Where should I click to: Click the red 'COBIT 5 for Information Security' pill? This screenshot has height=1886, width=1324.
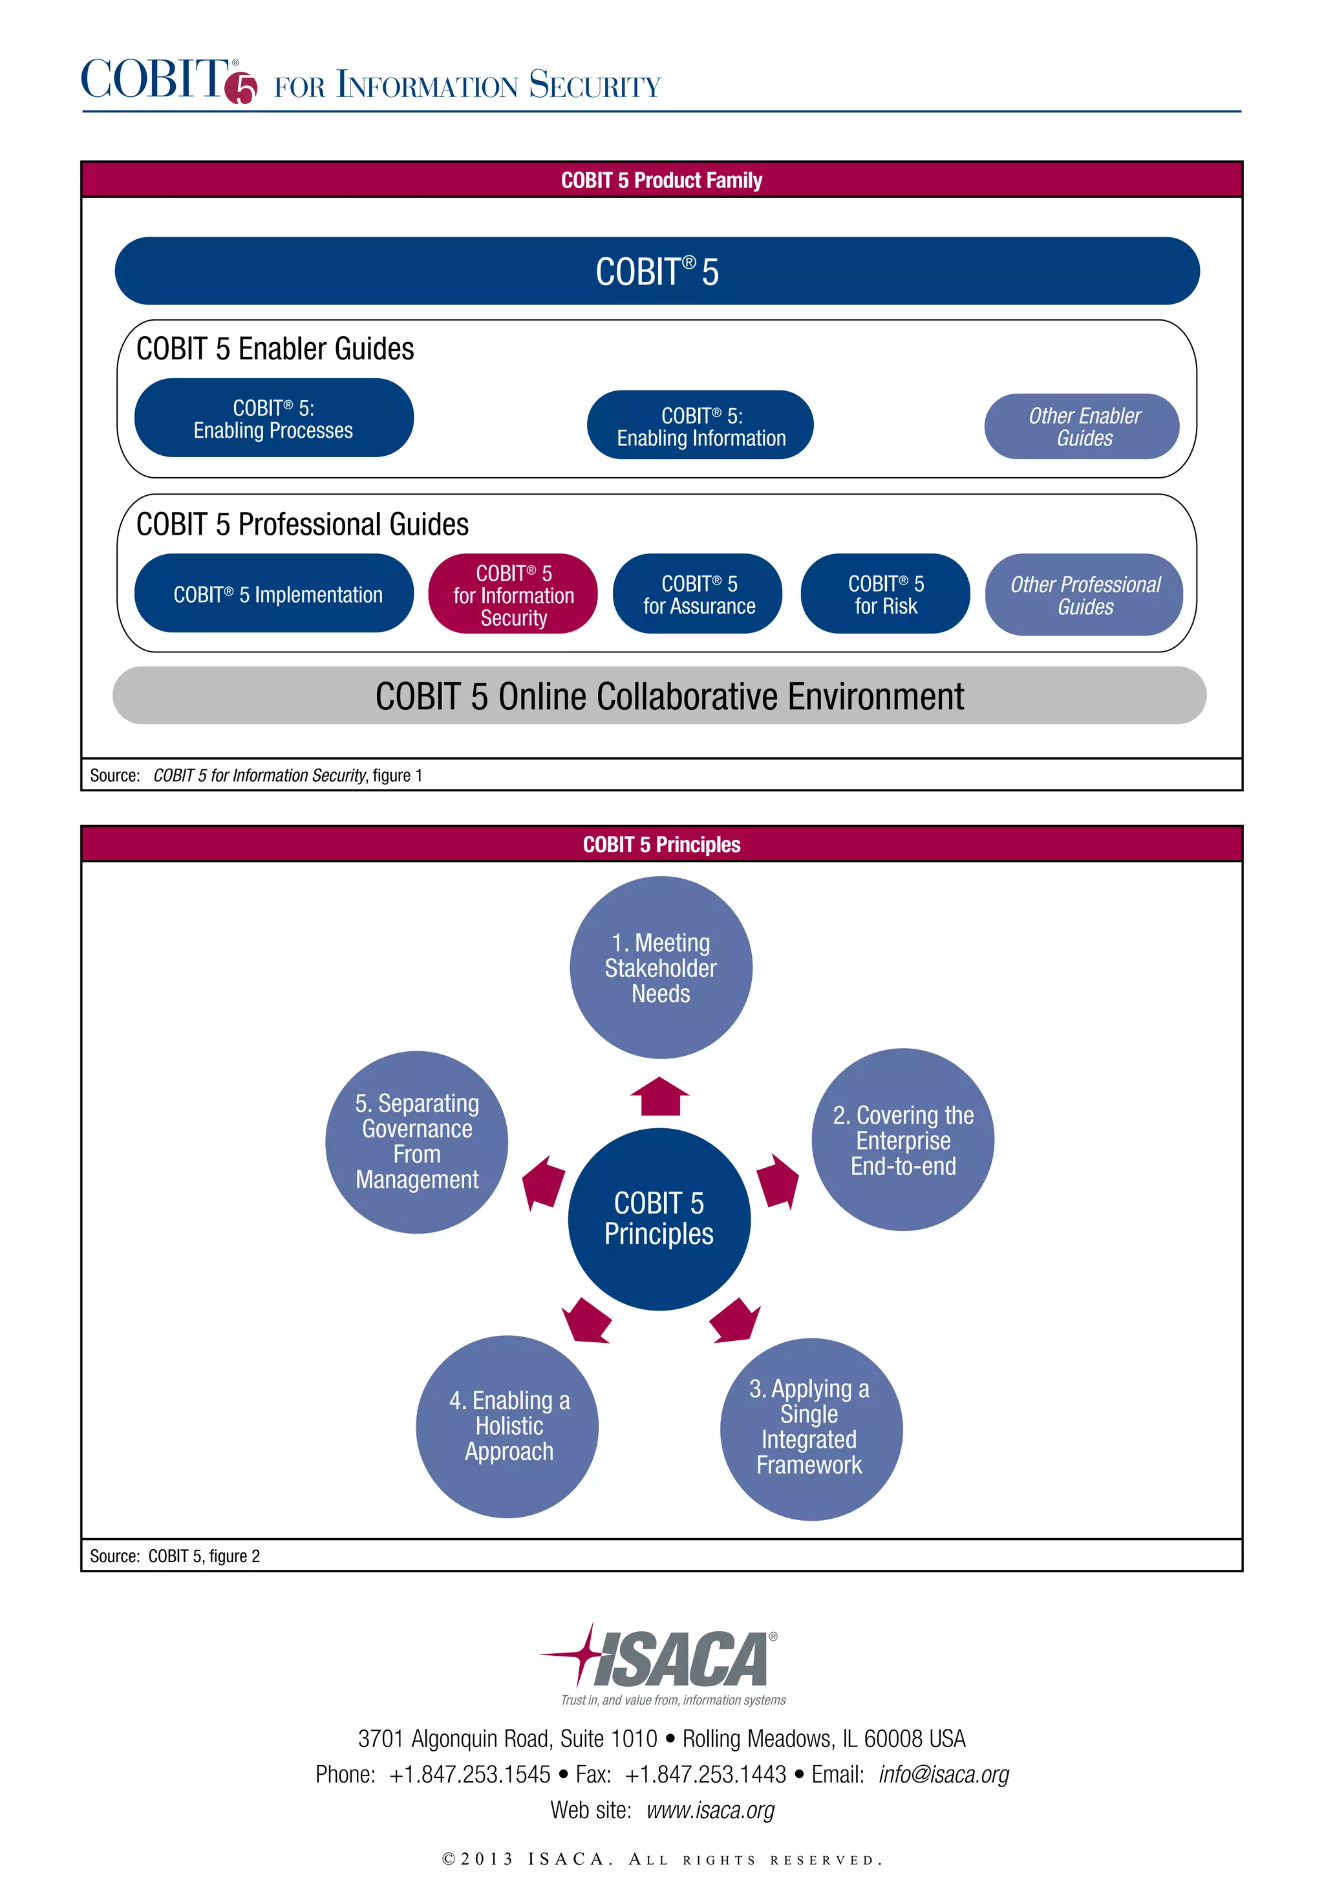pos(513,595)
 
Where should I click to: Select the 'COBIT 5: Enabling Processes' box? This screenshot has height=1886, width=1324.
pos(273,418)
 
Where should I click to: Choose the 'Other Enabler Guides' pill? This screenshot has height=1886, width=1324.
pos(1082,426)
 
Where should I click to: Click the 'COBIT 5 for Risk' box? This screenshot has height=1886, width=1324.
pos(884,594)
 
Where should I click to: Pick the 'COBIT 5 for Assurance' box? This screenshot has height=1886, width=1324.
pos(698,594)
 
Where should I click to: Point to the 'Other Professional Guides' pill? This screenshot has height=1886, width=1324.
pos(1084,595)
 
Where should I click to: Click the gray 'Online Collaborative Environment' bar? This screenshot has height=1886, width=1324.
pos(659,696)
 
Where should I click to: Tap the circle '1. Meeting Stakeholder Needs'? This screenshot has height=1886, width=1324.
pos(660,968)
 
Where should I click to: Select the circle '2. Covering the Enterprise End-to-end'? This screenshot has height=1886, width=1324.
pos(902,1140)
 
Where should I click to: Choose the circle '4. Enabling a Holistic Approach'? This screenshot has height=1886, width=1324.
pos(507,1426)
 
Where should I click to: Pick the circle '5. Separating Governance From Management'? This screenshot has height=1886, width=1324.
pos(416,1142)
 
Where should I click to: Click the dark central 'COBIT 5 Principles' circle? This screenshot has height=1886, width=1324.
pos(659,1218)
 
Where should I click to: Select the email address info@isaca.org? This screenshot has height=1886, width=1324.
pos(943,1774)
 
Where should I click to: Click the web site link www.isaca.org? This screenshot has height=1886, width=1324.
pos(710,1810)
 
